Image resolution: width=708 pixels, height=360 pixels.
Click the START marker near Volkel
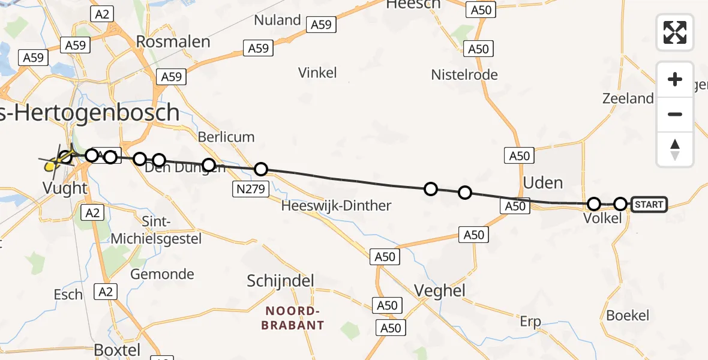(x=649, y=205)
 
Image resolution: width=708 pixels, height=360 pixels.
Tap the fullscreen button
(x=675, y=32)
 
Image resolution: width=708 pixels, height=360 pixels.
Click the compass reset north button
(x=675, y=149)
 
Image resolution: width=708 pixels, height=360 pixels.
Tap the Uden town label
(x=543, y=182)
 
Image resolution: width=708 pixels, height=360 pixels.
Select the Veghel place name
(x=440, y=291)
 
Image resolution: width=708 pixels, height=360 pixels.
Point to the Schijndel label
(x=281, y=281)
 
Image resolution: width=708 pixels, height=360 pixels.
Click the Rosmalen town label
(x=173, y=41)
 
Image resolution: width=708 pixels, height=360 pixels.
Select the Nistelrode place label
(x=464, y=75)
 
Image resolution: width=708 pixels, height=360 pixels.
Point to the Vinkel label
(x=317, y=73)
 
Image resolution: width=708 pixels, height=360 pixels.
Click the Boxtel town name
(x=117, y=350)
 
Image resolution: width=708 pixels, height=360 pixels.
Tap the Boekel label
(x=628, y=316)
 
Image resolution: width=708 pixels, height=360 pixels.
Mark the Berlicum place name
(x=226, y=136)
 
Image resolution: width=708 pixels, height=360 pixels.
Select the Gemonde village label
(x=163, y=274)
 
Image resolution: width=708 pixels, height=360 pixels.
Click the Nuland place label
(x=277, y=20)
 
